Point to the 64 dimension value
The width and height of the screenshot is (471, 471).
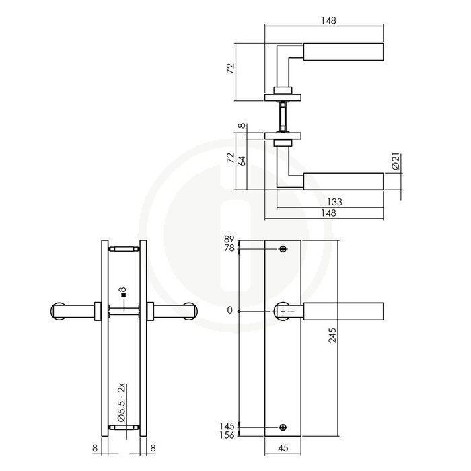[x=242, y=161]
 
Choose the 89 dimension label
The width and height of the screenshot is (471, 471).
[x=228, y=240]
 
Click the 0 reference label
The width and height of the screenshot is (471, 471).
[x=230, y=310]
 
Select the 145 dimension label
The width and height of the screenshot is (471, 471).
[x=227, y=426]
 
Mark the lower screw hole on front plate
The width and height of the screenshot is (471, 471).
[x=283, y=426]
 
